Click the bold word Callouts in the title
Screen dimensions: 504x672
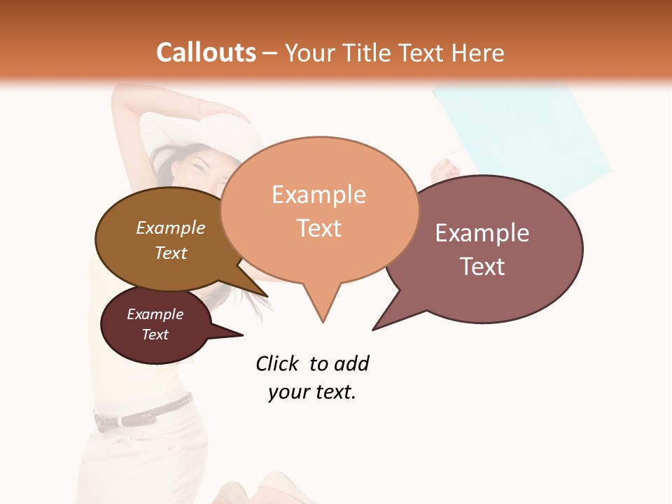(x=206, y=52)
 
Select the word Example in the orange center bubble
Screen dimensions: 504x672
(x=318, y=195)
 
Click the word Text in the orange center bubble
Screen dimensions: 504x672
(x=319, y=228)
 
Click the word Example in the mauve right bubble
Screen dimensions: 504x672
(x=482, y=233)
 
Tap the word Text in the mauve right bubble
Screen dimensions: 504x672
(x=483, y=267)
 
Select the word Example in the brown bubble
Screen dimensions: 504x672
(x=171, y=227)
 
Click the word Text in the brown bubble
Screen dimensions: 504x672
(x=171, y=253)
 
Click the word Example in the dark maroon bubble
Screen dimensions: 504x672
(x=155, y=314)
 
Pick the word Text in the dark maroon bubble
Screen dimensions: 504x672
(x=155, y=335)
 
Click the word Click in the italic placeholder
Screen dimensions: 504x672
(x=276, y=363)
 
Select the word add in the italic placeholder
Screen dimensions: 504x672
(x=351, y=363)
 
